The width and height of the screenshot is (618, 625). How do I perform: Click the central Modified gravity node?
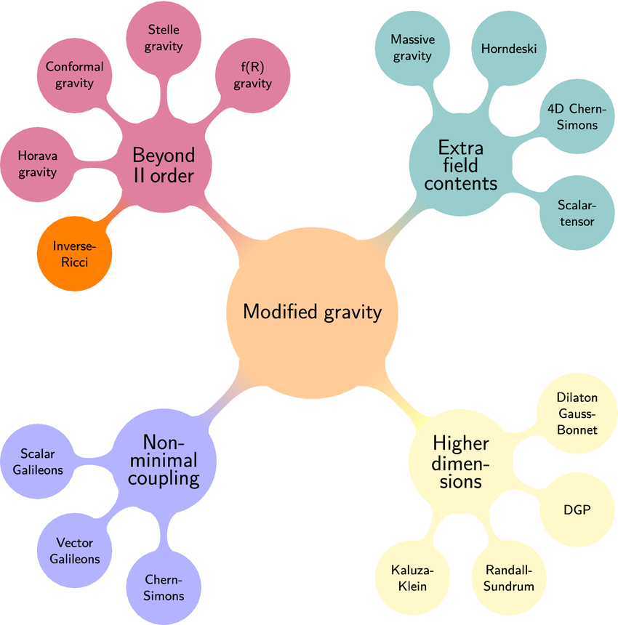pyautogui.click(x=313, y=312)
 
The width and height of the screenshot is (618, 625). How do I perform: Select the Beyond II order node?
pyautogui.click(x=164, y=165)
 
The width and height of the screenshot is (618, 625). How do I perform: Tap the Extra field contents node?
pyautogui.click(x=460, y=165)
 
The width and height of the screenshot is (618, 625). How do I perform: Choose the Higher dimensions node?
pyautogui.click(x=460, y=461)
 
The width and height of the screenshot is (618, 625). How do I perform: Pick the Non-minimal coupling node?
pyautogui.click(x=169, y=461)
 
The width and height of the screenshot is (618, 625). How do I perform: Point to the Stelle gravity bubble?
pyautogui.click(x=163, y=38)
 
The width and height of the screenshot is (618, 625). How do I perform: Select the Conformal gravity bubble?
pyautogui.click(x=74, y=74)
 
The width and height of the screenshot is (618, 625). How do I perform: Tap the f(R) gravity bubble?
pyautogui.click(x=252, y=75)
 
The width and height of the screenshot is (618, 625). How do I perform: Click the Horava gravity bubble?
pyautogui.click(x=38, y=164)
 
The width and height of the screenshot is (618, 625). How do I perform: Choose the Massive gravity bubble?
pyautogui.click(x=412, y=47)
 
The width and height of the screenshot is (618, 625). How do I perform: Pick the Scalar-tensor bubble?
pyautogui.click(x=577, y=213)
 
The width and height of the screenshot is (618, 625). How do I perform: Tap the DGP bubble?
pyautogui.click(x=577, y=509)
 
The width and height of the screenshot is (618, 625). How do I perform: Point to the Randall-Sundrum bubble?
pyautogui.click(x=509, y=578)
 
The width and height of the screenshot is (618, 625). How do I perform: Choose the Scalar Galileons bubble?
pyautogui.click(x=41, y=461)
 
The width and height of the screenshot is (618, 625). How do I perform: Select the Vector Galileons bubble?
pyautogui.click(x=74, y=550)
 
